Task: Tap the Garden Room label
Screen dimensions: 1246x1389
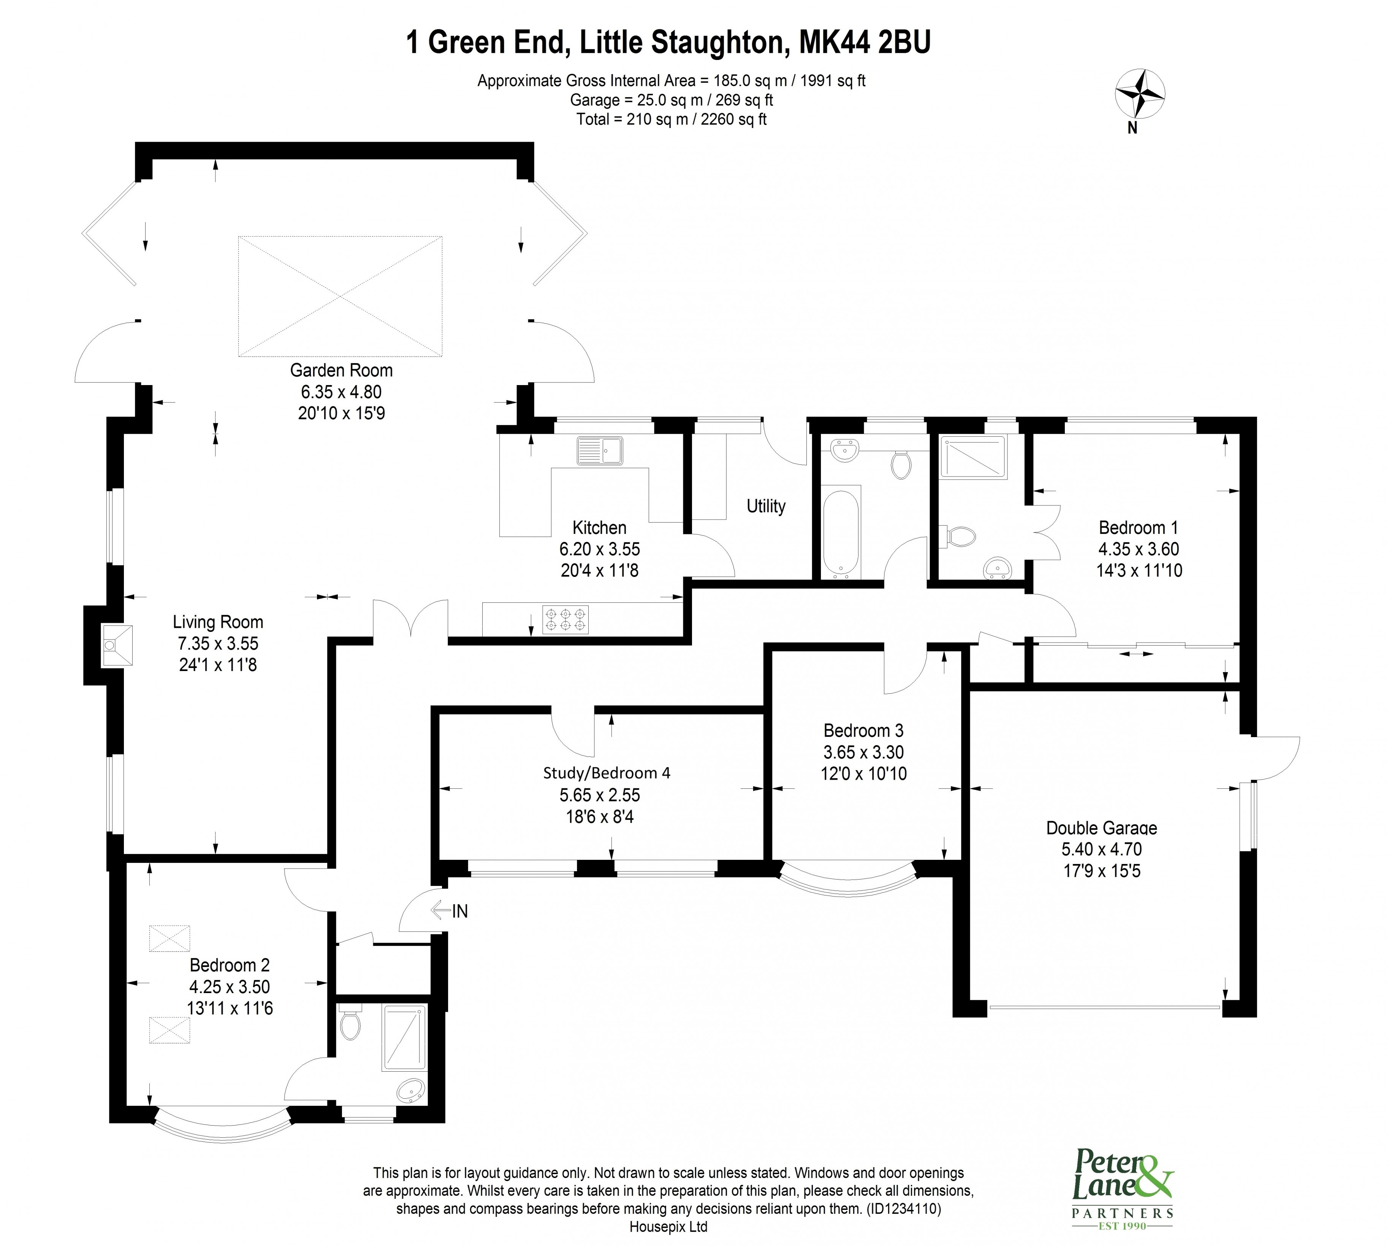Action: coord(341,370)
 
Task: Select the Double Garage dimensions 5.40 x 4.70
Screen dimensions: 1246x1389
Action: coord(1101,849)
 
